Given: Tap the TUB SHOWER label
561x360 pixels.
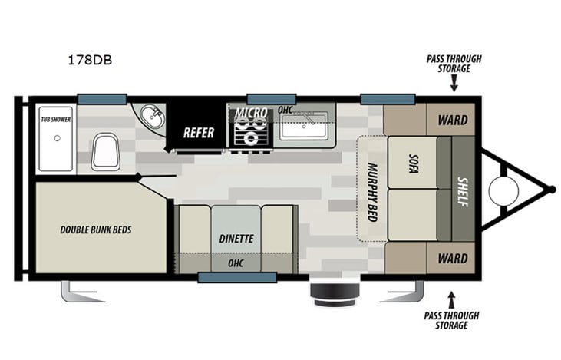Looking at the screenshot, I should pyautogui.click(x=55, y=120).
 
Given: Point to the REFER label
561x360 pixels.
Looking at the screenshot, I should pyautogui.click(x=198, y=132).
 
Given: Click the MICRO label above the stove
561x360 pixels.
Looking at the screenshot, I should pyautogui.click(x=251, y=114).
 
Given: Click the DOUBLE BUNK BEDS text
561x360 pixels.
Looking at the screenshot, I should pyautogui.click(x=94, y=229).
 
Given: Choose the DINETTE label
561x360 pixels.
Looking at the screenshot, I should pyautogui.click(x=235, y=239).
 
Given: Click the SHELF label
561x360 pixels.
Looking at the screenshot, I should pyautogui.click(x=463, y=188).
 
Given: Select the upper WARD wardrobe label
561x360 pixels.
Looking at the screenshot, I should pyautogui.click(x=452, y=120).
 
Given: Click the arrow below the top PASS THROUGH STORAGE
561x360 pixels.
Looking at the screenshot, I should pyautogui.click(x=454, y=87).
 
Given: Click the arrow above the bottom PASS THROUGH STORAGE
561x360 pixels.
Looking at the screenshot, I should pyautogui.click(x=451, y=296).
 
